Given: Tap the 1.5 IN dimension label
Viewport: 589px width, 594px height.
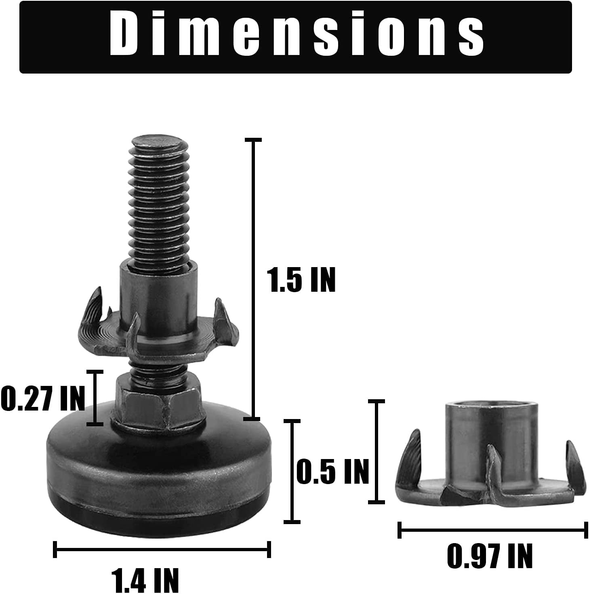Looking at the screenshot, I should point(301,280).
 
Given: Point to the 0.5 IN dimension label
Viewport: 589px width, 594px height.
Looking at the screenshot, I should point(333,471).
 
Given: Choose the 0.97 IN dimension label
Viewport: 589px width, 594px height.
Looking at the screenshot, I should point(490,556).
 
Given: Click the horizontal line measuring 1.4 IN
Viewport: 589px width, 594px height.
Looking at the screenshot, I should point(162,549).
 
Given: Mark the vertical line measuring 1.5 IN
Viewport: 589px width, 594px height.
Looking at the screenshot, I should point(254,279).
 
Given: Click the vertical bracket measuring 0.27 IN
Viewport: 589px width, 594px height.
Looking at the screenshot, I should point(96,398).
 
